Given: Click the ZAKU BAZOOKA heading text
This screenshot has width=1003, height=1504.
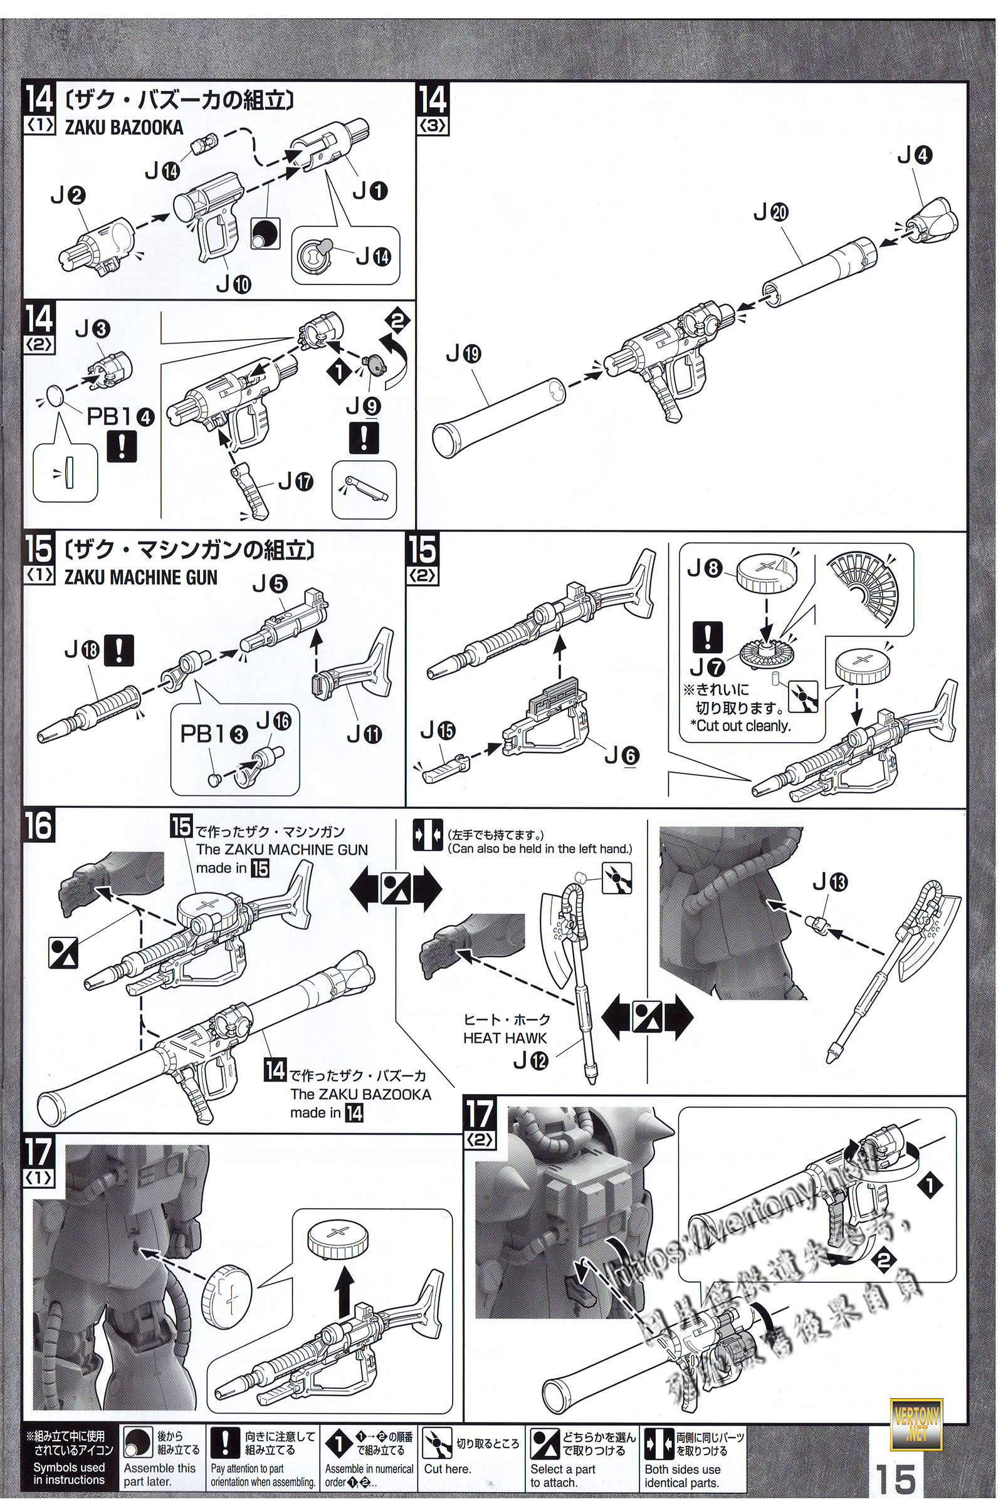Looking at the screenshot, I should pos(123,127).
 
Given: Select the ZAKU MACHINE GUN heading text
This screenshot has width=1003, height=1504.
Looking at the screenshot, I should pos(140,577).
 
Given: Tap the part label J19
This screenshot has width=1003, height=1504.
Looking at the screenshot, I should pos(464,354).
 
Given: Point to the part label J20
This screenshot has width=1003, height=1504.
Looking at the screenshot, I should pos(772,213).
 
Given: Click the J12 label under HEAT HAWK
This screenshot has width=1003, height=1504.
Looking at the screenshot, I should pos(531,1062).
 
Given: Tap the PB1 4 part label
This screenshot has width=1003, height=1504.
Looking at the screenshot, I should pos(121,417).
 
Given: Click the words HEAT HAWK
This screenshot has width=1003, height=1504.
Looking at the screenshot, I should pos(505,1038).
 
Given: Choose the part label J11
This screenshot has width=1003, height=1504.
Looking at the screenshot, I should pos(364,734).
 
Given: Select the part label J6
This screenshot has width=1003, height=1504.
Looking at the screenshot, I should pos(622,755).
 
